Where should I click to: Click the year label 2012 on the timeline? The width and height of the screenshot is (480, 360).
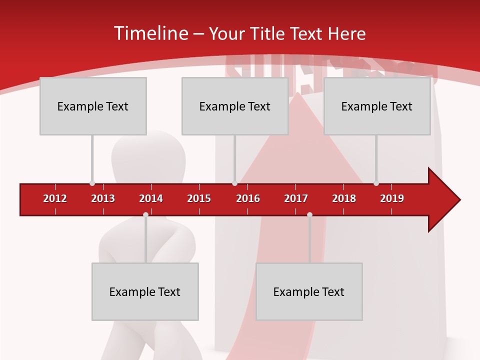pyautogui.click(x=55, y=198)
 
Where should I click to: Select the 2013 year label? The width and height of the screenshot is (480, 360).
pyautogui.click(x=103, y=198)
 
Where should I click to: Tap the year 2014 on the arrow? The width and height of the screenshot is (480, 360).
pyautogui.click(x=151, y=198)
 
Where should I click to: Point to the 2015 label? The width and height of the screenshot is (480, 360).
pyautogui.click(x=199, y=198)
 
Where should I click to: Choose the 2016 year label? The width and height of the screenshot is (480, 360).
pyautogui.click(x=248, y=198)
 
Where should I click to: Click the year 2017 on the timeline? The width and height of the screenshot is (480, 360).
pyautogui.click(x=296, y=198)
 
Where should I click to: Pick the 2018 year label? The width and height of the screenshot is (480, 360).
pyautogui.click(x=344, y=198)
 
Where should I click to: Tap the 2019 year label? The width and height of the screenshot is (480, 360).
pyautogui.click(x=392, y=198)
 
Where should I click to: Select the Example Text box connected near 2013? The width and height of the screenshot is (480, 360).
pyautogui.click(x=93, y=106)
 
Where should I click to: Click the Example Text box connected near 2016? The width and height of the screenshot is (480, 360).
pyautogui.click(x=235, y=106)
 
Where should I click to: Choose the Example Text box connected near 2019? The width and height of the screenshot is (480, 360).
pyautogui.click(x=377, y=106)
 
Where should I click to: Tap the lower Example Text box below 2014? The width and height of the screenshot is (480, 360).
pyautogui.click(x=145, y=291)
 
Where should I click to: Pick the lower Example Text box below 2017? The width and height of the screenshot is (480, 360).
pyautogui.click(x=309, y=291)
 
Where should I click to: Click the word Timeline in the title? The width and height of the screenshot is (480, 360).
pyautogui.click(x=150, y=33)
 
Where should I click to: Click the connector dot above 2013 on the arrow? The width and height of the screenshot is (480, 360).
pyautogui.click(x=92, y=183)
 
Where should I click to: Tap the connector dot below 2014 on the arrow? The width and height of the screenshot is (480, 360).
pyautogui.click(x=145, y=214)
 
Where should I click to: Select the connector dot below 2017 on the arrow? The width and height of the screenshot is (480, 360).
pyautogui.click(x=309, y=214)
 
